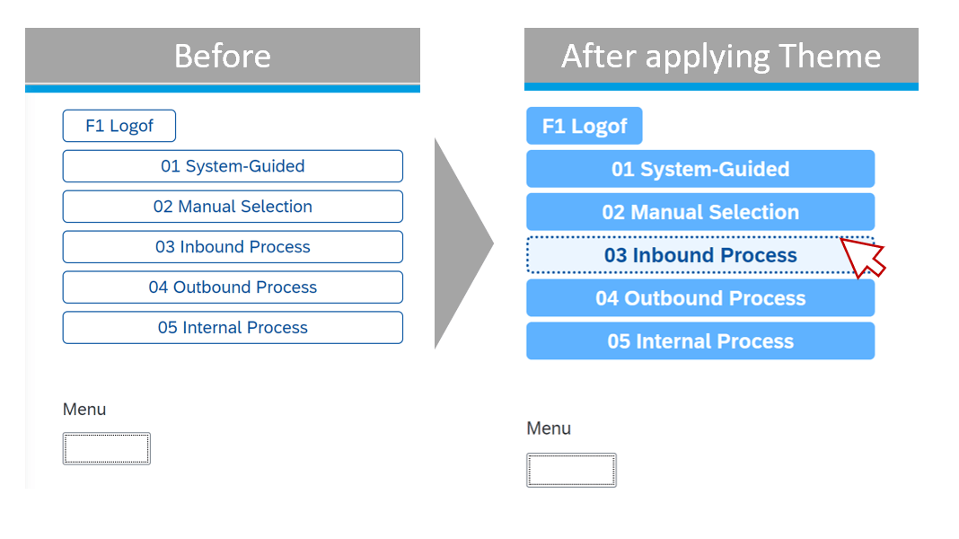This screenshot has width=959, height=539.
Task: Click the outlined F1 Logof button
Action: (x=119, y=126)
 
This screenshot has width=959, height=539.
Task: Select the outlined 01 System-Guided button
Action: (x=233, y=166)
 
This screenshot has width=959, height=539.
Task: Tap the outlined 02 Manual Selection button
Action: (x=233, y=207)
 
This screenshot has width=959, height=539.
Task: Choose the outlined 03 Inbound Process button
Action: (x=233, y=247)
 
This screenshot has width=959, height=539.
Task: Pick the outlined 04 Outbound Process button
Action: (x=233, y=287)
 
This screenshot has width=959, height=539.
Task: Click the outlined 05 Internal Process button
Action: (x=233, y=328)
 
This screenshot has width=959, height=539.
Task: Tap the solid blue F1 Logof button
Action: (x=584, y=126)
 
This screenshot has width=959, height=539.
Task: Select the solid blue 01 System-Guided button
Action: (x=699, y=169)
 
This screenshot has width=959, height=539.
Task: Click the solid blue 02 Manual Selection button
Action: (x=699, y=212)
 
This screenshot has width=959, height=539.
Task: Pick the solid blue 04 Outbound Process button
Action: (x=699, y=298)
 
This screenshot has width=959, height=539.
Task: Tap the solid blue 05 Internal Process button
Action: (x=699, y=341)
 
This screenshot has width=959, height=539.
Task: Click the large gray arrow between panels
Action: (x=460, y=243)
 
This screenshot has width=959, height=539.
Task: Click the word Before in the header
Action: (x=222, y=56)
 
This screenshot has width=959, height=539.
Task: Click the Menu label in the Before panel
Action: (x=84, y=410)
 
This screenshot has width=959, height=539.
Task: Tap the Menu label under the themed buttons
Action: (x=549, y=429)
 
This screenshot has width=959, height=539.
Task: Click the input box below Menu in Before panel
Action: (x=106, y=448)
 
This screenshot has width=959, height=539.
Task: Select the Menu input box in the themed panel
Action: (x=571, y=470)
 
